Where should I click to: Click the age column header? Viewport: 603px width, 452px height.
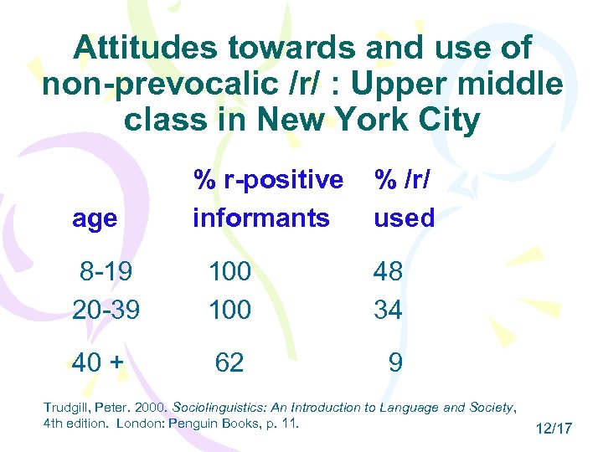[x=95, y=218]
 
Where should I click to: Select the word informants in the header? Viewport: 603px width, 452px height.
[x=261, y=218]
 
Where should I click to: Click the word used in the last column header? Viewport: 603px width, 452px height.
[x=405, y=218]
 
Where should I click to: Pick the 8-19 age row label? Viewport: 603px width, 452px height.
[x=106, y=272]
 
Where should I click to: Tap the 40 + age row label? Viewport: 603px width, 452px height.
[x=99, y=362]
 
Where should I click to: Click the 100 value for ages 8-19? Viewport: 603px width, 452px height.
[x=229, y=272]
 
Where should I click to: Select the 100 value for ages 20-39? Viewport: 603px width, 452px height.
[x=229, y=310]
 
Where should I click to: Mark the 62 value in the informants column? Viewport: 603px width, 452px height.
[x=229, y=362]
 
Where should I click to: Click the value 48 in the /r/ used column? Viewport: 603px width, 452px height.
[x=389, y=272]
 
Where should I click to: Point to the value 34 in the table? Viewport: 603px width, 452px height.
[x=389, y=310]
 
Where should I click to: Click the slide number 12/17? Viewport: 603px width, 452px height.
[x=553, y=429]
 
